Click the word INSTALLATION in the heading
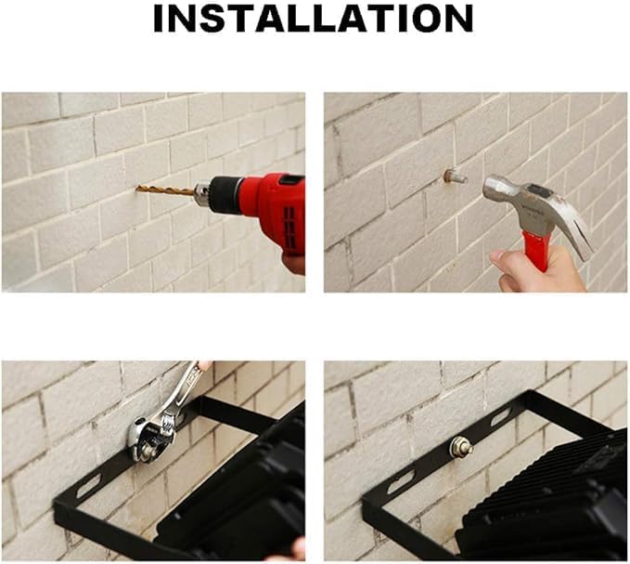(x=313, y=19)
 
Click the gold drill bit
(x=165, y=190)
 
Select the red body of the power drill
(x=277, y=209)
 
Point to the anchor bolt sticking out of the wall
(x=456, y=177)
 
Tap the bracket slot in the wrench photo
(x=88, y=486)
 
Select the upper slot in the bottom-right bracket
(x=501, y=418)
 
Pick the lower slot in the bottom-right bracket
(x=401, y=483)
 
